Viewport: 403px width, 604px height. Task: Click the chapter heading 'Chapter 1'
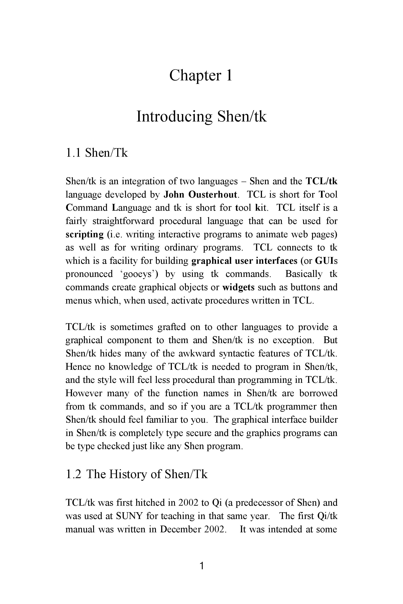click(x=201, y=76)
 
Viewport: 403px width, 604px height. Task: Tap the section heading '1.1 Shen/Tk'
click(x=97, y=153)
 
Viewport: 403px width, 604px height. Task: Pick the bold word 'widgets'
click(x=238, y=287)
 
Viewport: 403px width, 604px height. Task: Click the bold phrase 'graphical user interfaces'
click(x=244, y=261)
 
